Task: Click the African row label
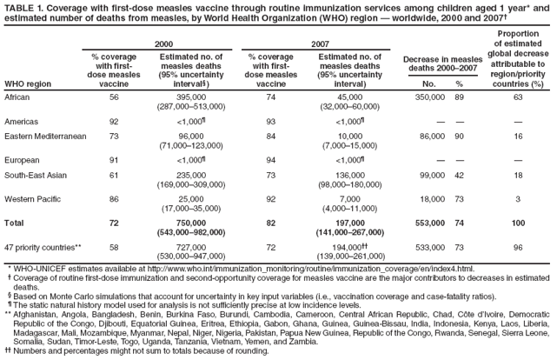point(19,98)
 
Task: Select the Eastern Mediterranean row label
point(44,137)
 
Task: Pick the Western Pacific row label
point(33,199)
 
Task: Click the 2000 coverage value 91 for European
point(114,162)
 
